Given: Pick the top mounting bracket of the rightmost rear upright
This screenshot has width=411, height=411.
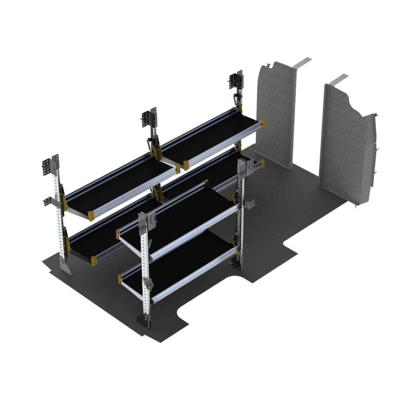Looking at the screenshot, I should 236,81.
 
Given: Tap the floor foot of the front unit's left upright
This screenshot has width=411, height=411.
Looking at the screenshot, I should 145,321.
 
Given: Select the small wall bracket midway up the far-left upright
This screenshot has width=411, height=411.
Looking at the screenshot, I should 48,201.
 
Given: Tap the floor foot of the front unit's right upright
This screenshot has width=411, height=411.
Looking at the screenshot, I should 236,263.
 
